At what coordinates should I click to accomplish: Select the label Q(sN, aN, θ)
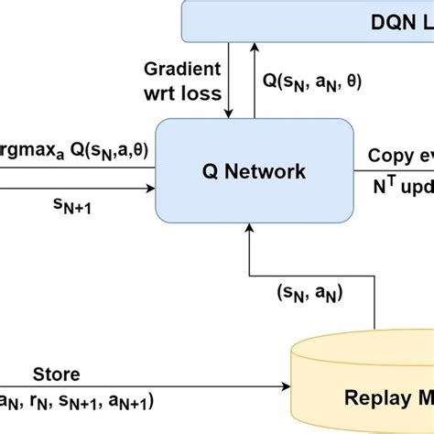[308, 81]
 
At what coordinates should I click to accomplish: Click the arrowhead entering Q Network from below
[249, 230]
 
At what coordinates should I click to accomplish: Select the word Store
[57, 374]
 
